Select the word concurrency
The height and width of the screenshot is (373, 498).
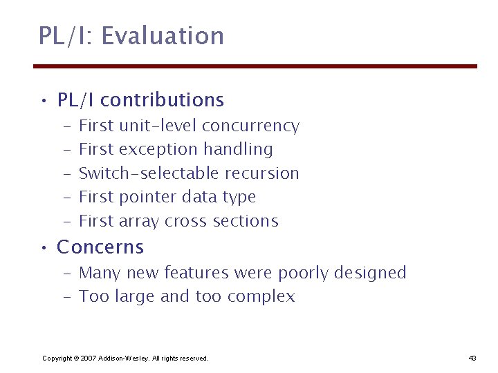tap(250, 126)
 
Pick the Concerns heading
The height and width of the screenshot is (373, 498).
tap(100, 247)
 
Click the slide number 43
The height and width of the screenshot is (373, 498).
tap(472, 358)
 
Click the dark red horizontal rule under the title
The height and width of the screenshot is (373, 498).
tap(255, 66)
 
